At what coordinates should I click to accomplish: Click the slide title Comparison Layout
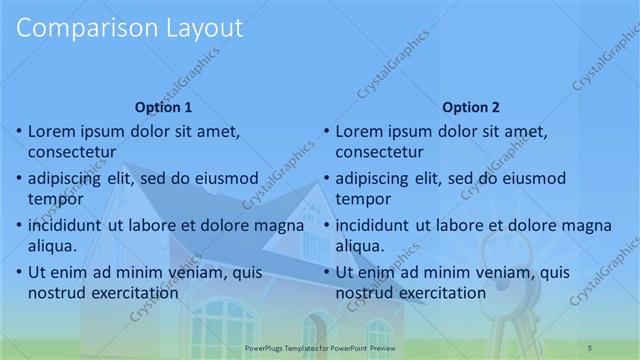coord(130,29)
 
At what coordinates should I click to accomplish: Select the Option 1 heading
coord(162,107)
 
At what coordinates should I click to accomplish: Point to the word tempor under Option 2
coord(363,198)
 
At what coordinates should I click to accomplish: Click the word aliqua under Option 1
coord(56,245)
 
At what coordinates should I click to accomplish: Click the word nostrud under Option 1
coord(58,293)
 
